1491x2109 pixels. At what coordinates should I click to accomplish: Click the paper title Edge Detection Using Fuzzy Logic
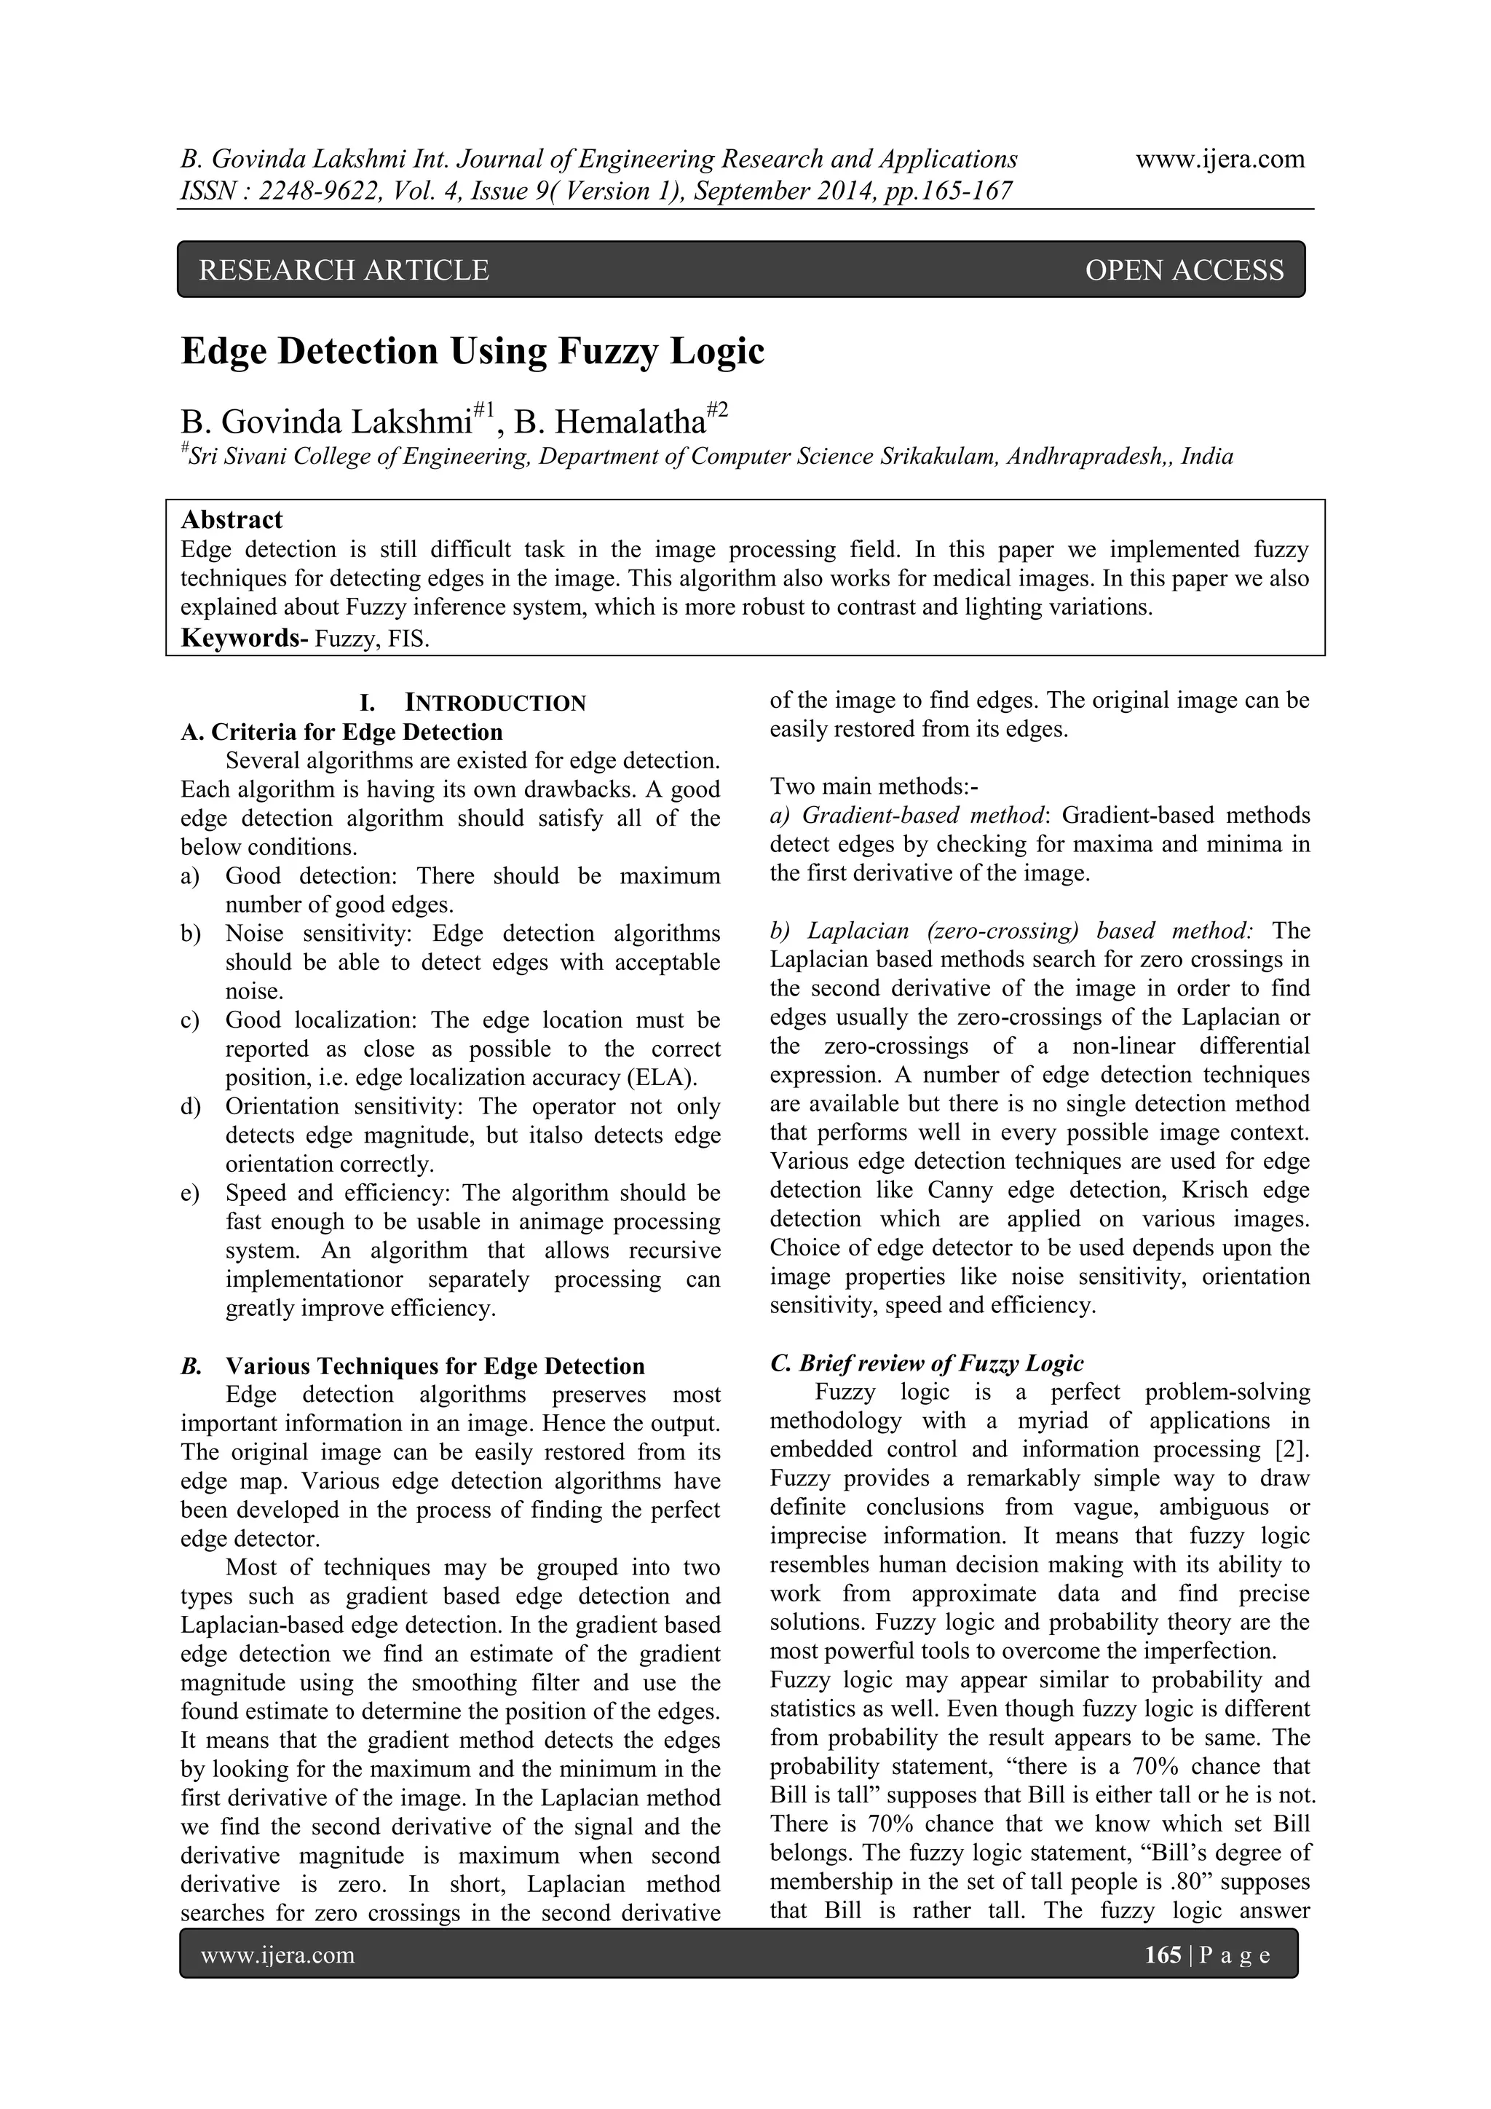(472, 352)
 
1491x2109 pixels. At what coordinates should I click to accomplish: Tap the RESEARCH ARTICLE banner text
(344, 270)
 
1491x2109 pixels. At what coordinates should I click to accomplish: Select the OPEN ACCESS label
(1184, 270)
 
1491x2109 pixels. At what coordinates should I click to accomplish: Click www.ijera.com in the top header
(1219, 159)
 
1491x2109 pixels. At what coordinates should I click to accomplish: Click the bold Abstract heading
(232, 520)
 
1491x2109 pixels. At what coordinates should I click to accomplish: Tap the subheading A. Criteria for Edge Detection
(341, 732)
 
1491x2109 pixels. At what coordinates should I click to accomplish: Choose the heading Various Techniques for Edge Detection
(435, 1366)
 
